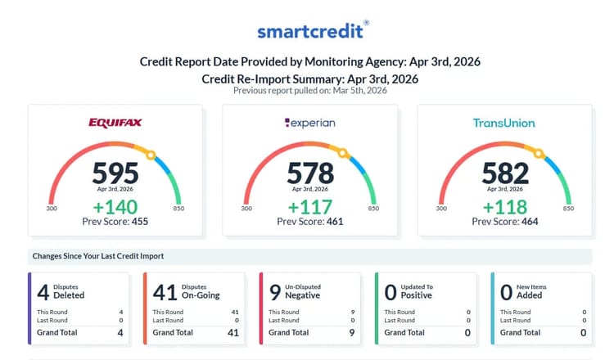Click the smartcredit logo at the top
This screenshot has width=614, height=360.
point(313,31)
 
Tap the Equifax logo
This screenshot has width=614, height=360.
point(115,124)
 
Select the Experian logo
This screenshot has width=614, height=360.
point(310,124)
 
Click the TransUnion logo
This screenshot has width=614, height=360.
point(503,124)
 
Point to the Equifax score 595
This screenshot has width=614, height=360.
point(115,173)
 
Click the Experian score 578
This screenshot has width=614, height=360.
point(310,173)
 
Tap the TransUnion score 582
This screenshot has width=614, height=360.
point(504,173)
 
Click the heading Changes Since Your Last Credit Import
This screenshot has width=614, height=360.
point(98,256)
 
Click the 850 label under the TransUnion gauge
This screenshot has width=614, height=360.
point(567,209)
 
